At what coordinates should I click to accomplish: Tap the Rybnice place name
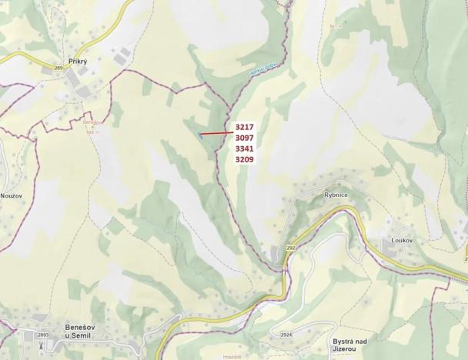pos(336,195)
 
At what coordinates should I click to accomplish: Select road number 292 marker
pos(290,248)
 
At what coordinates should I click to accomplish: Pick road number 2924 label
pos(286,335)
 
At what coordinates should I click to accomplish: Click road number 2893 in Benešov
pos(43,335)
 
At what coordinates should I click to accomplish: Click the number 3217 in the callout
pos(245,127)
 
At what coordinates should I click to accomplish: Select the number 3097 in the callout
pos(245,138)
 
